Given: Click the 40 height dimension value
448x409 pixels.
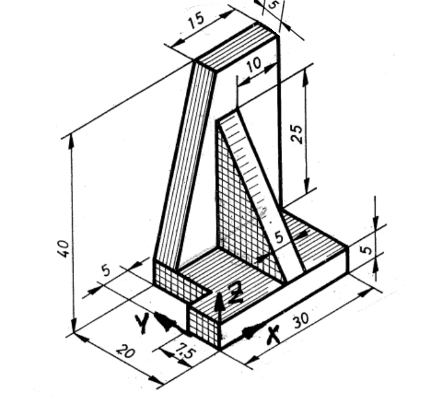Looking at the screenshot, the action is (x=65, y=248).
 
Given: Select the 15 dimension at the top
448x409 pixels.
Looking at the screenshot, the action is (x=196, y=21).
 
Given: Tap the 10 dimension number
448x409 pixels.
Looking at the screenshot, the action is (x=253, y=65).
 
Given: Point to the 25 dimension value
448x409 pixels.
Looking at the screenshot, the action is (x=297, y=133).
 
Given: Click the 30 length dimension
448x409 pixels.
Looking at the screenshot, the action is (x=301, y=320).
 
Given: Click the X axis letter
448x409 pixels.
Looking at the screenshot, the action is (x=273, y=335).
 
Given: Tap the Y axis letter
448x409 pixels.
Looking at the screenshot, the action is (x=142, y=323).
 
